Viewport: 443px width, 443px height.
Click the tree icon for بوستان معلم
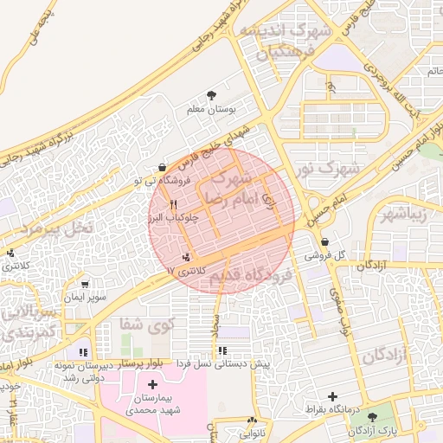point(212,96)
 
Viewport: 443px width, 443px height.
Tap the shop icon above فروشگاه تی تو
point(163,167)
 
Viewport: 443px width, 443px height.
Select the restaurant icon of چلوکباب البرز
point(174,203)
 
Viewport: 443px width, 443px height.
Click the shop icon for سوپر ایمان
point(85,284)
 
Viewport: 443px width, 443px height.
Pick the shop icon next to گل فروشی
point(324,242)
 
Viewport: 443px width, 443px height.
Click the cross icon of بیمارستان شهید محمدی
point(153,384)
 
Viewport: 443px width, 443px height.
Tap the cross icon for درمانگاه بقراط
point(332,395)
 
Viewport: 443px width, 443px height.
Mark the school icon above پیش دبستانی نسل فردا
point(223,350)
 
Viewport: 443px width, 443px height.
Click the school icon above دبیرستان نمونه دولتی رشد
point(83,352)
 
